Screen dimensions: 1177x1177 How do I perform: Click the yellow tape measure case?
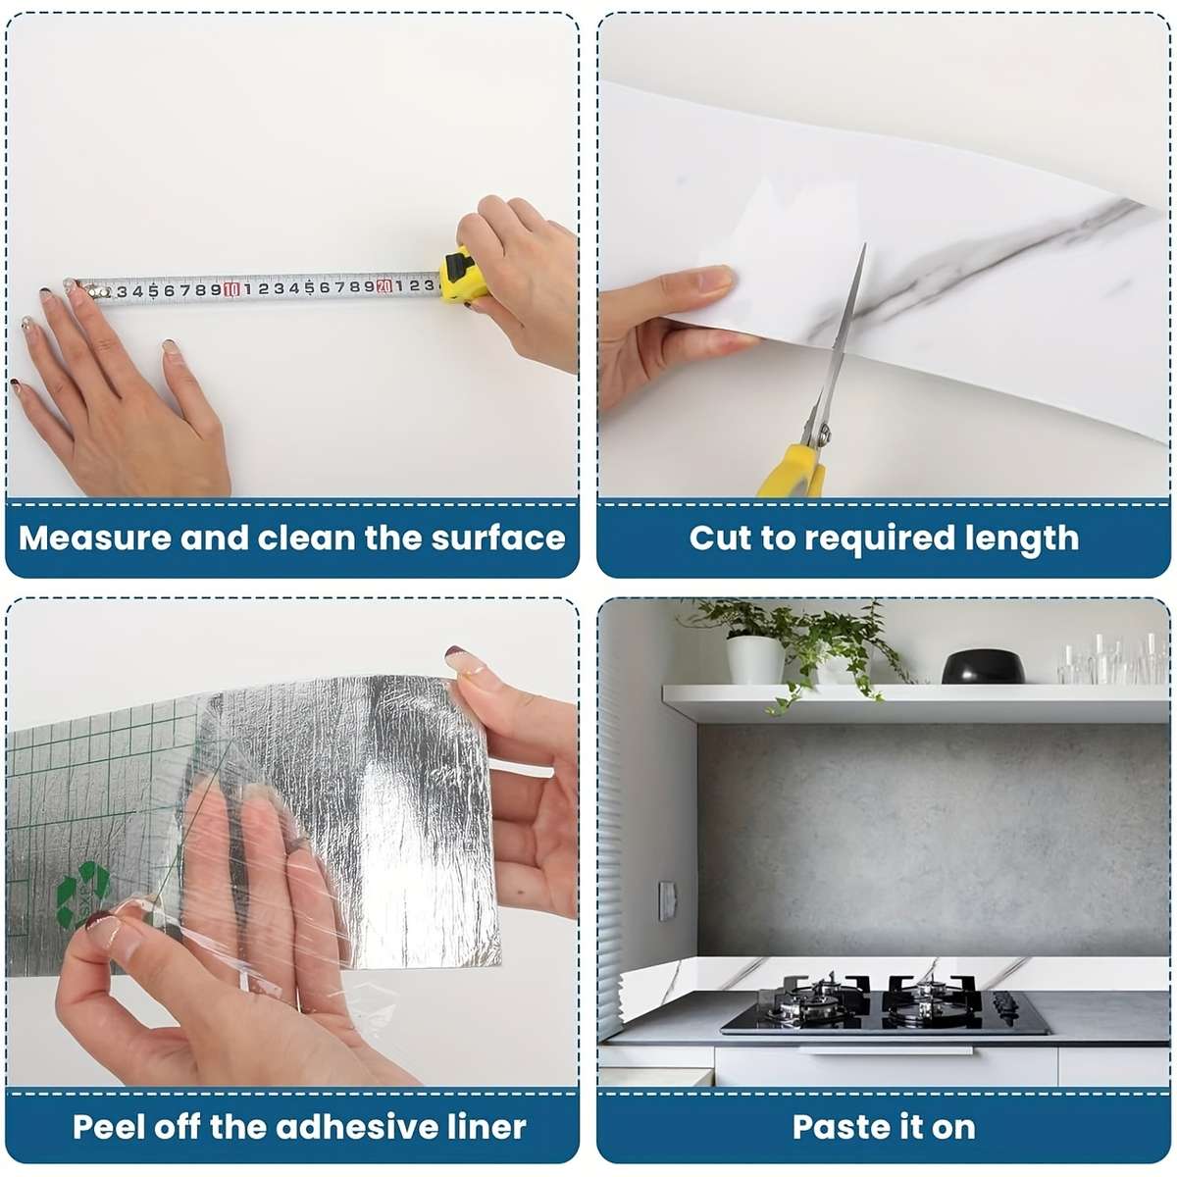coord(463,276)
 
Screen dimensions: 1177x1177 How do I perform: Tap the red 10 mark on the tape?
coord(230,289)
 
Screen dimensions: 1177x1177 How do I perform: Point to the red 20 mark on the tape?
coord(384,285)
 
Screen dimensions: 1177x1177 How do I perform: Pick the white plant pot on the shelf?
coord(755,659)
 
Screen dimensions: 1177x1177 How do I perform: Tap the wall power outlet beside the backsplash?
coord(667,901)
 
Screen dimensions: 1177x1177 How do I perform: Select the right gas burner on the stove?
coord(934,997)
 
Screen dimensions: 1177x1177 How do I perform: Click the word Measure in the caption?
coord(95,538)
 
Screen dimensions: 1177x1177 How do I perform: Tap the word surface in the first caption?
coord(498,537)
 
